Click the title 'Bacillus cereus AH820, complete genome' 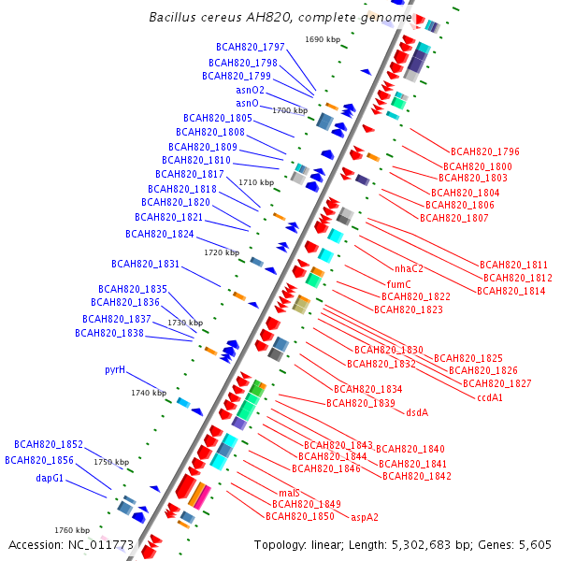pos(280,18)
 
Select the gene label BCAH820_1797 pos(250,47)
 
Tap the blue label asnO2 pos(250,90)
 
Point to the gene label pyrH pos(115,369)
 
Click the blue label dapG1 pos(50,478)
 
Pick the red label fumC pos(399,283)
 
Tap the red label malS pos(289,492)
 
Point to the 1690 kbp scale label pos(323,39)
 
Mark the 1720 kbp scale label pos(222,252)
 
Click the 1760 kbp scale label pos(72,530)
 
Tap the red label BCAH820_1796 pos(484,151)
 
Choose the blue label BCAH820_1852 pos(49,444)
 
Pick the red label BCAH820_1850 pos(299,516)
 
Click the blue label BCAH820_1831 pos(145,264)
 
